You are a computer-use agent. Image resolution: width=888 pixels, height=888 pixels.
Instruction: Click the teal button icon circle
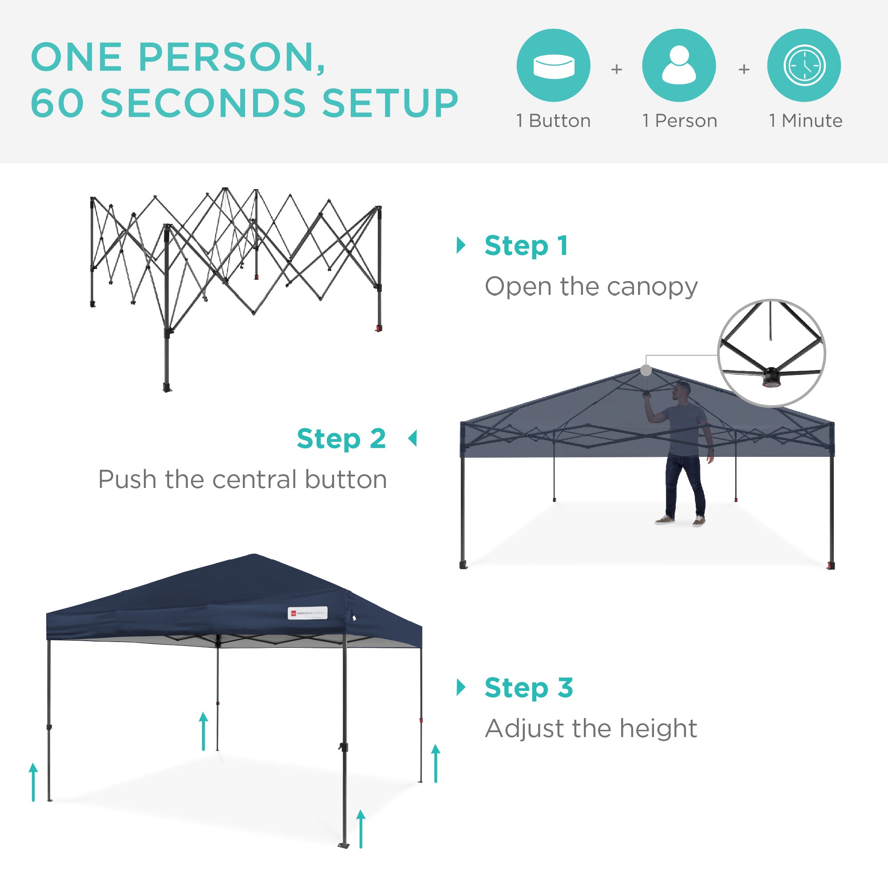tap(553, 65)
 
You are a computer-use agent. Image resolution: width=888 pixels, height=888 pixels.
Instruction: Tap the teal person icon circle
tap(679, 65)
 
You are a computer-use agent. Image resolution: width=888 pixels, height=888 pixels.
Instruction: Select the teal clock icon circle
tap(804, 65)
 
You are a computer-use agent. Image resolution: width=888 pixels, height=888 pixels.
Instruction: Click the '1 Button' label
tap(553, 121)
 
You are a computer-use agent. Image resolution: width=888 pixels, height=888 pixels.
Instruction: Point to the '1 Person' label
tap(679, 121)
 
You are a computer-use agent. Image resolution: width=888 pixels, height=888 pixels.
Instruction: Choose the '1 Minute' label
tap(805, 121)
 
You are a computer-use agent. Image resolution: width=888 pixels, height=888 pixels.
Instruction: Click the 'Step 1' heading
tap(526, 246)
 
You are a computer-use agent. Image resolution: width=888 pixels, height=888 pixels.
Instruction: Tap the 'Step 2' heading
tap(341, 439)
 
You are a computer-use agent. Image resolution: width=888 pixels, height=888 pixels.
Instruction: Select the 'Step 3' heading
tap(528, 688)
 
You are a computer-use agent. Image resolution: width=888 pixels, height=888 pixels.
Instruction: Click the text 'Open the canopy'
tap(591, 286)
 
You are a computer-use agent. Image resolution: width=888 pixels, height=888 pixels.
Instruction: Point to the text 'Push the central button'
tap(242, 480)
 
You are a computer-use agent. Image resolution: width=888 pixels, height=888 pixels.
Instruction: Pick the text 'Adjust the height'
tap(591, 729)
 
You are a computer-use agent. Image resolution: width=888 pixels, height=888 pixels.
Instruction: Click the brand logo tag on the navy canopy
tap(308, 613)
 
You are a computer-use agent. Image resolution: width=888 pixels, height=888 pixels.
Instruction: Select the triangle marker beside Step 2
tap(413, 439)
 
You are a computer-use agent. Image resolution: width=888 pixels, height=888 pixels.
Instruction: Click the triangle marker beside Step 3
tap(460, 687)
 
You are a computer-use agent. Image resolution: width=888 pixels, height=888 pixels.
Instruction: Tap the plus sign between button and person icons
tap(616, 69)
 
